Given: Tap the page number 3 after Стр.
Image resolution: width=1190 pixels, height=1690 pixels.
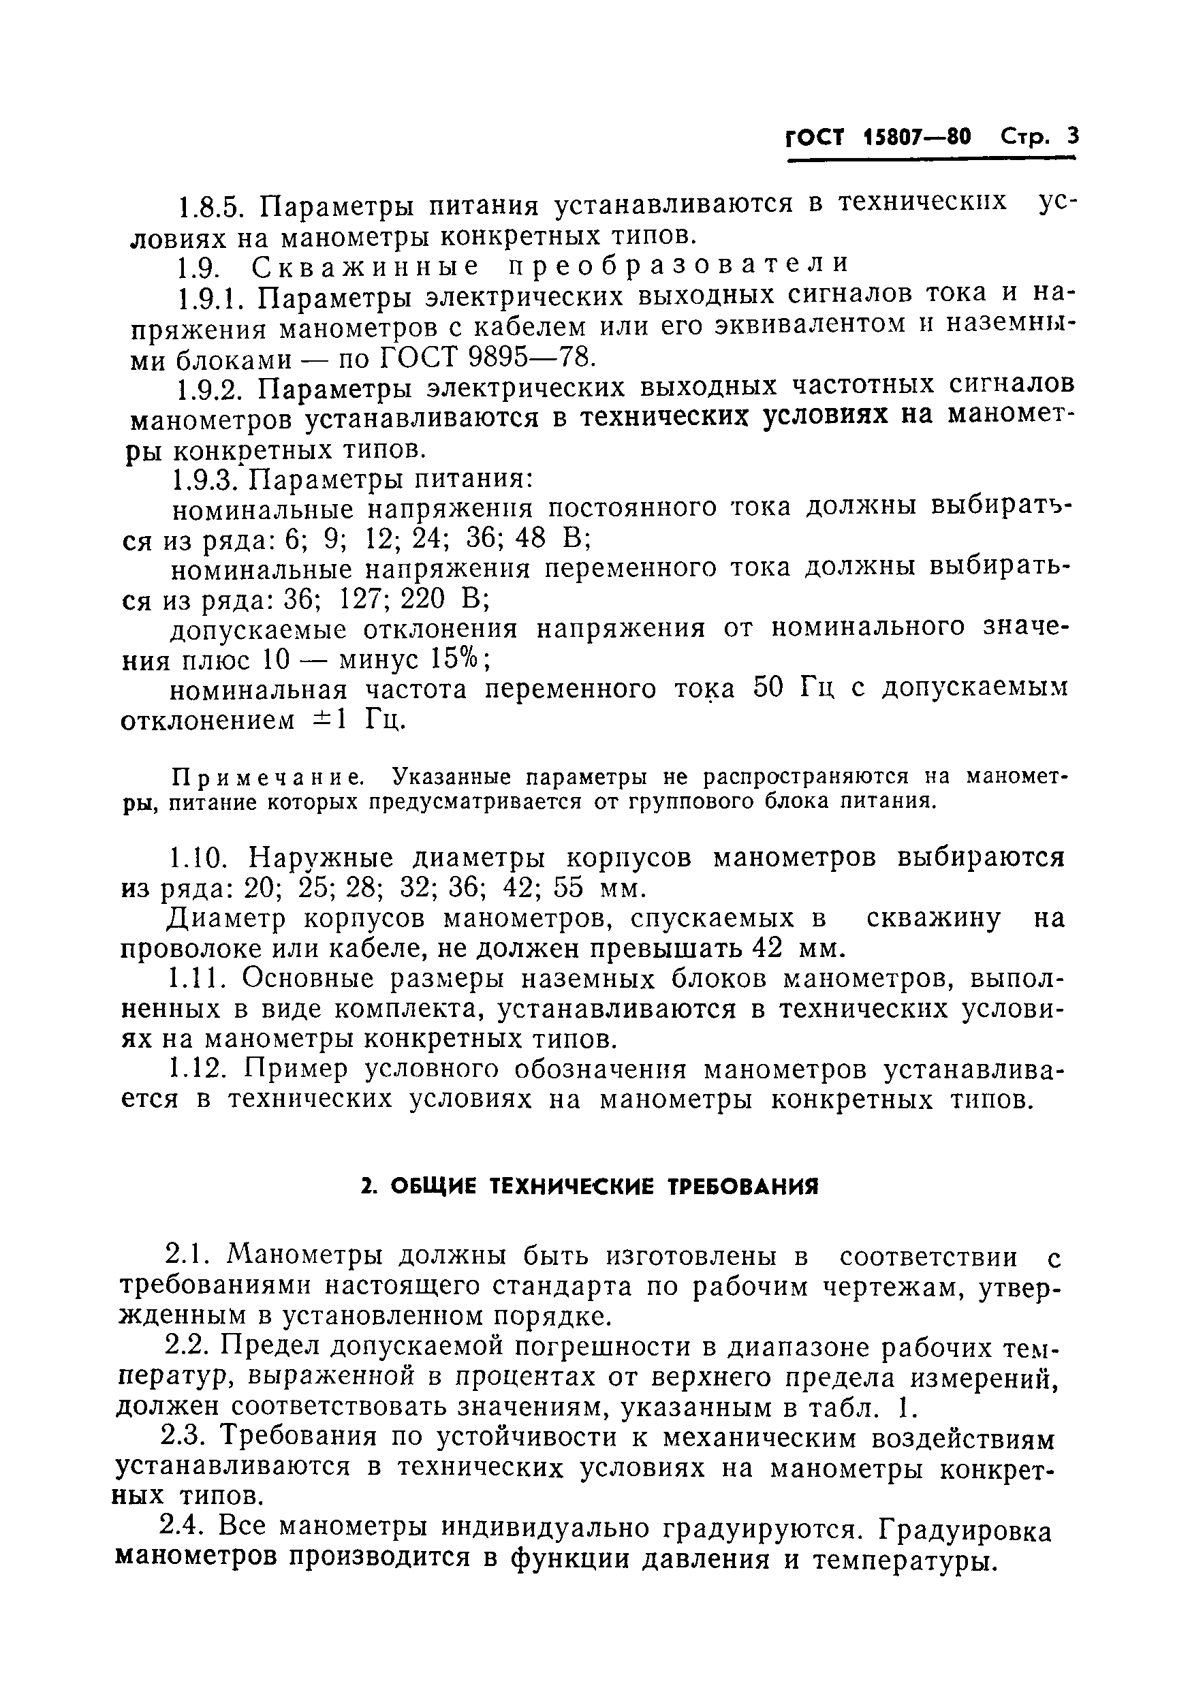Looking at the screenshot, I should click(x=1071, y=137).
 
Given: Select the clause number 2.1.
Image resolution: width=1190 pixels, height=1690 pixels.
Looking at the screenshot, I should click(x=187, y=1254).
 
